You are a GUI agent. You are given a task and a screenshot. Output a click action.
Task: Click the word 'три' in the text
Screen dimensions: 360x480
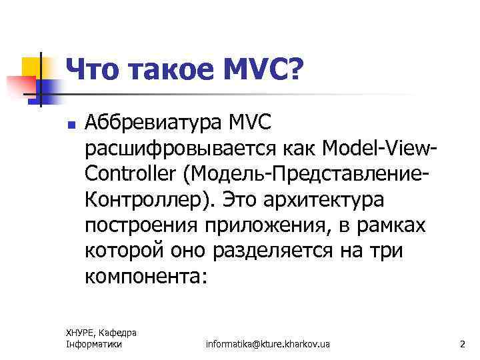391,250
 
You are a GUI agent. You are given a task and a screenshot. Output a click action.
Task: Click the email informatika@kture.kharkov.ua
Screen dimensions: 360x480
267,344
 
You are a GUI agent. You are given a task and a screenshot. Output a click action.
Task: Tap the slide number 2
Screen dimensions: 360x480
462,344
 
